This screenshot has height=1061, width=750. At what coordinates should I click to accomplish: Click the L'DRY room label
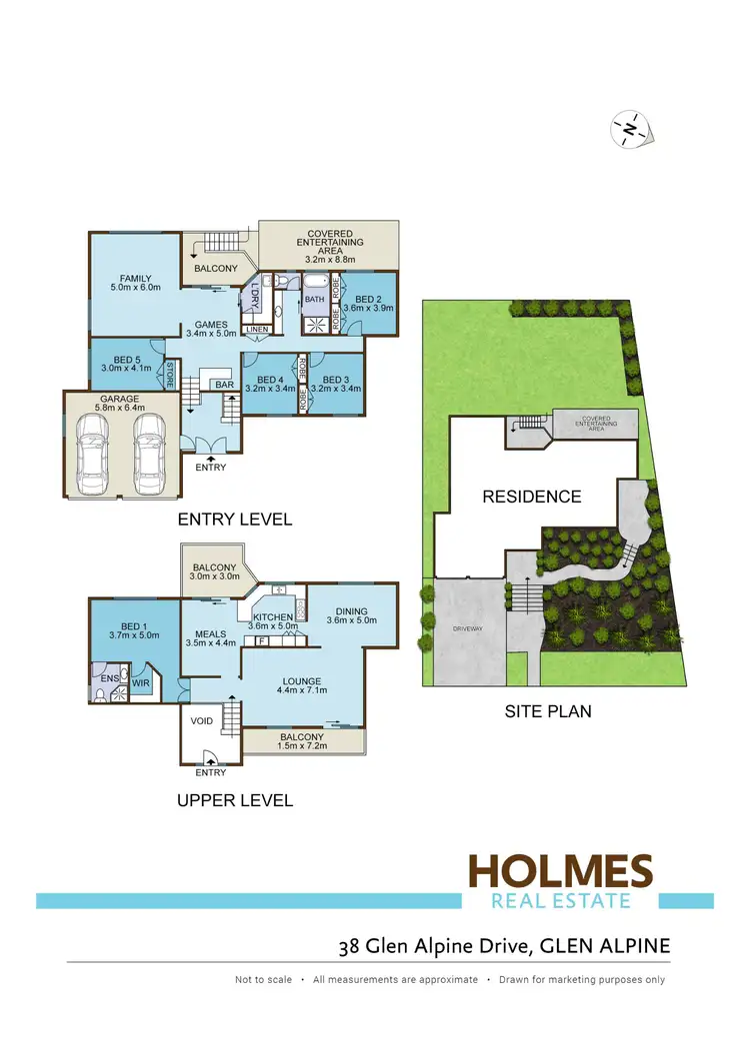(x=254, y=295)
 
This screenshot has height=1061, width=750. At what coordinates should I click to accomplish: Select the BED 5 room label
(x=124, y=363)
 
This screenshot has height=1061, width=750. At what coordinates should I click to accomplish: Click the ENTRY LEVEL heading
(x=234, y=520)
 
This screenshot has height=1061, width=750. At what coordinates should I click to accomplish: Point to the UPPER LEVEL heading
(x=234, y=800)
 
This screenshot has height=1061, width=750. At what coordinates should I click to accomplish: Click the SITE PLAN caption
(x=548, y=712)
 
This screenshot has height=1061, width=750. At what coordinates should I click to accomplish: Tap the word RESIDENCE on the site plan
(x=531, y=497)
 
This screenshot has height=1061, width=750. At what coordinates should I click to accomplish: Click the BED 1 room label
(x=134, y=627)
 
